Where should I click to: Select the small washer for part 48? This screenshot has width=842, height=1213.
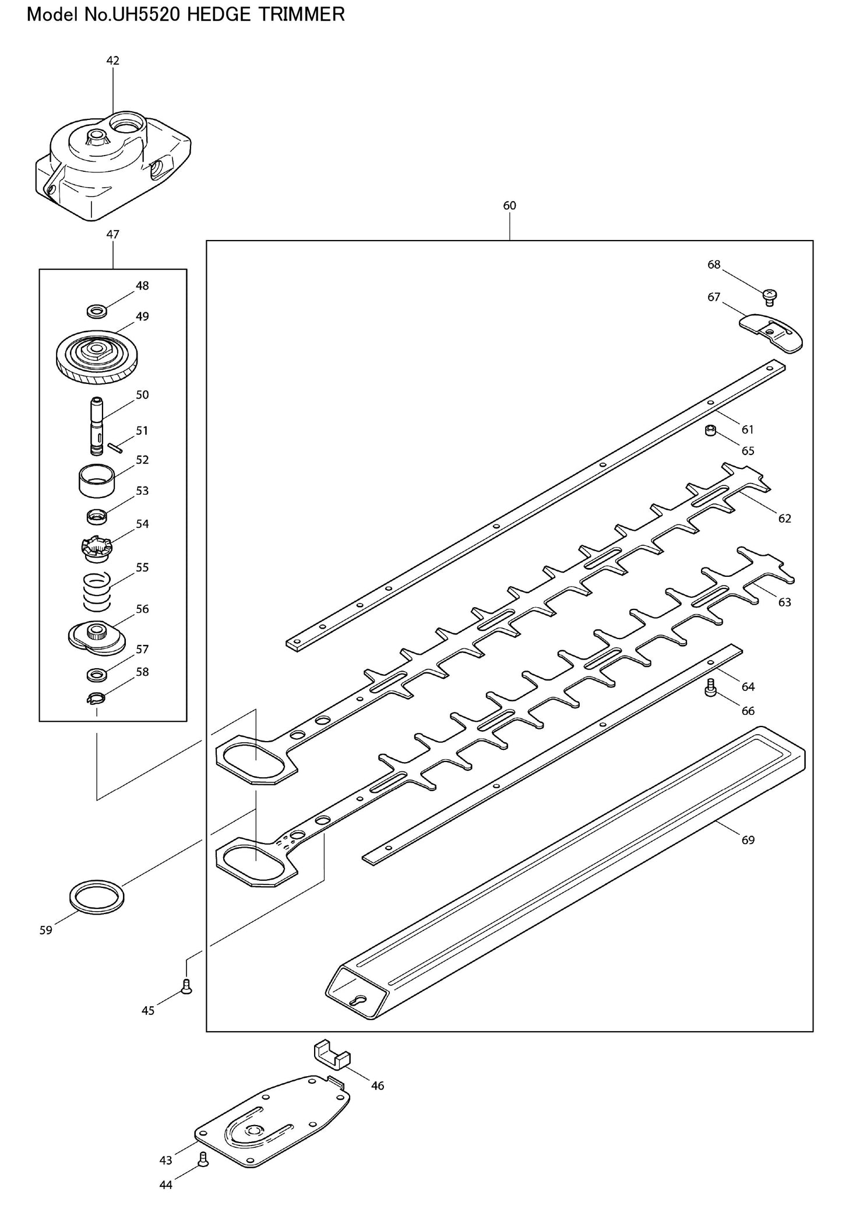tap(96, 311)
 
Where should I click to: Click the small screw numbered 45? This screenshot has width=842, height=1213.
tap(186, 986)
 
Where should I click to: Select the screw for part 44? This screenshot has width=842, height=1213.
tap(203, 1159)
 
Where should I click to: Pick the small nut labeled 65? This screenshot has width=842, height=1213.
tap(710, 431)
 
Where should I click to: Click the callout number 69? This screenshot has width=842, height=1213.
tap(748, 840)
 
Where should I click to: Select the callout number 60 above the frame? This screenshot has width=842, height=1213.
tap(509, 206)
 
